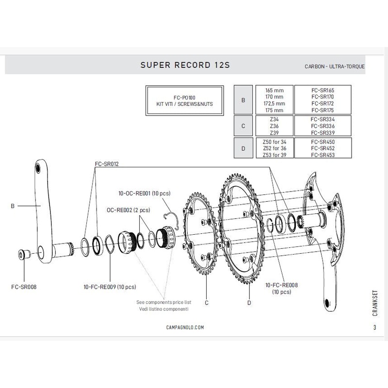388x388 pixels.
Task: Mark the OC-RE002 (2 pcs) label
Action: point(129,210)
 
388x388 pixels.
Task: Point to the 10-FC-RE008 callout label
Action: point(281,286)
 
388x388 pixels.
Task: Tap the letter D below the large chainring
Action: point(249,303)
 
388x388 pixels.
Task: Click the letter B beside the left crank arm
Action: point(12,206)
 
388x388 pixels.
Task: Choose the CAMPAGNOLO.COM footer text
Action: point(184,327)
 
